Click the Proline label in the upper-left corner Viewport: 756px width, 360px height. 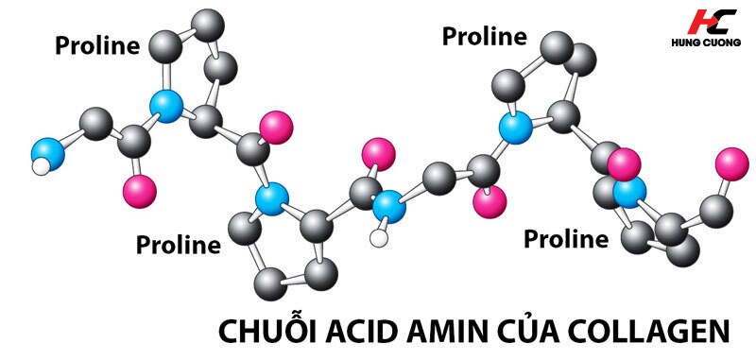coord(97,45)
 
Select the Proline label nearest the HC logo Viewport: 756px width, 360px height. coord(485,37)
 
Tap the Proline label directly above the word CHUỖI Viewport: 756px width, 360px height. coord(179,245)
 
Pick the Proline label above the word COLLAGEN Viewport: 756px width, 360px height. coord(566,239)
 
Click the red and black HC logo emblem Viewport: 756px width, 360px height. coord(712,22)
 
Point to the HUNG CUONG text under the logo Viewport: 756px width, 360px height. coord(706,43)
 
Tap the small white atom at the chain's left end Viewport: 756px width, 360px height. coord(42,167)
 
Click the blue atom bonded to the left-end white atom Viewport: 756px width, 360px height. coord(48,154)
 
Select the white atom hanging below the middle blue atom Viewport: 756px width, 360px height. coord(379,238)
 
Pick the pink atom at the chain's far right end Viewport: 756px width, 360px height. coord(731,164)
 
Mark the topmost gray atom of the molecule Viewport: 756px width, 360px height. coord(208,26)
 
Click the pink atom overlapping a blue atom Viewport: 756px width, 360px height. coord(624,164)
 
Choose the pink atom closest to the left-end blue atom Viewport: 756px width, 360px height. coord(140,191)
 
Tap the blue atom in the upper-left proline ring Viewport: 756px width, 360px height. coord(166,106)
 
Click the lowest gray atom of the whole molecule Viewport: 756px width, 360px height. coord(270,284)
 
